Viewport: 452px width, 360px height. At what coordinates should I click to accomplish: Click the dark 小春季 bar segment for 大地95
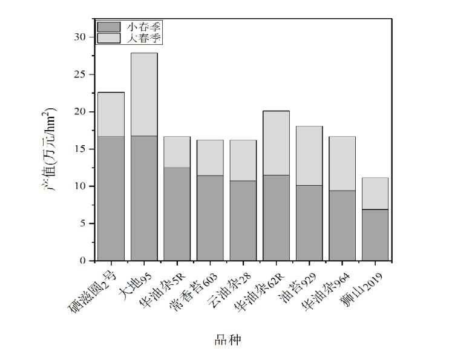click(144, 198)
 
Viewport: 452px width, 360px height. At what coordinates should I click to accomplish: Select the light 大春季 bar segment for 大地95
click(144, 94)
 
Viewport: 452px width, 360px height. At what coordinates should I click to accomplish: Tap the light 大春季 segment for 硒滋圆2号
click(111, 114)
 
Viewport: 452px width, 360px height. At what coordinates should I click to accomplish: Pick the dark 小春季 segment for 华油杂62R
click(275, 218)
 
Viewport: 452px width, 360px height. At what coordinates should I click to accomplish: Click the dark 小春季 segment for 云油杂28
click(243, 221)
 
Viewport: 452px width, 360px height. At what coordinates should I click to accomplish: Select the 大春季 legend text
click(145, 38)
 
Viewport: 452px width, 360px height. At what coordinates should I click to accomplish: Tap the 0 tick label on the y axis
click(84, 261)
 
